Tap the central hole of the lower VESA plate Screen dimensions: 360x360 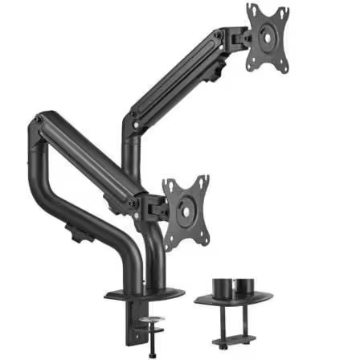186,211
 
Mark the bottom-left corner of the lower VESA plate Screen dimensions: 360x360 170,239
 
